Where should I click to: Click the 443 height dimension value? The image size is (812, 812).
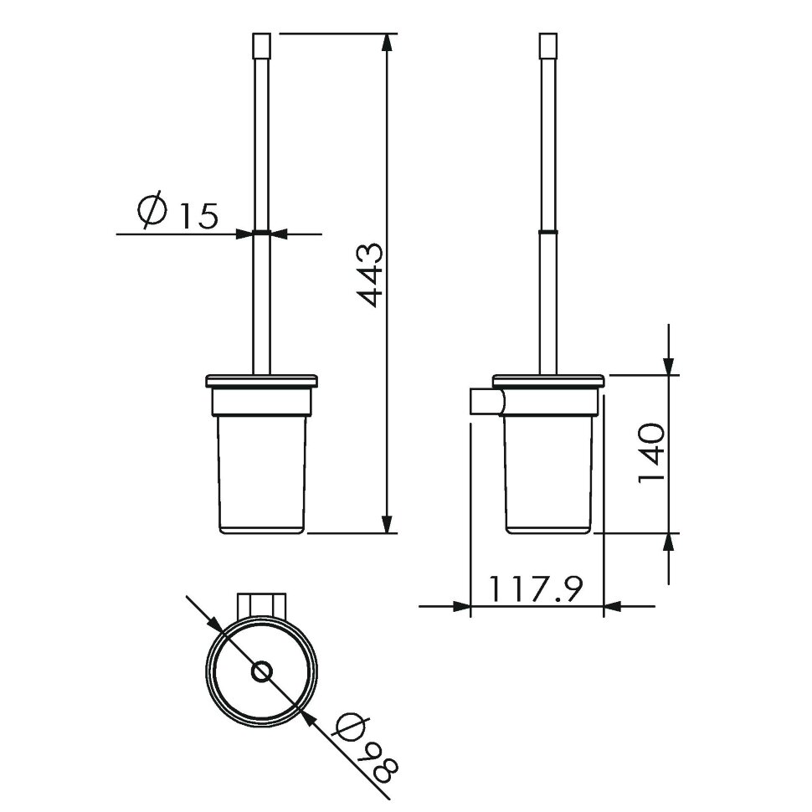click(x=370, y=275)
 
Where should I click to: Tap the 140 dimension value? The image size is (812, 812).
click(x=650, y=453)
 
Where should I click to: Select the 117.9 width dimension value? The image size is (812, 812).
click(x=536, y=588)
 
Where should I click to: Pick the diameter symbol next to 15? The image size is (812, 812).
click(x=152, y=210)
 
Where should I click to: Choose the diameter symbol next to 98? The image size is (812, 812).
click(x=352, y=727)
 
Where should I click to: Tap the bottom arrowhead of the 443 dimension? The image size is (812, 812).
click(x=386, y=523)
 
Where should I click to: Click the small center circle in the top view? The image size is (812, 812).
click(x=261, y=671)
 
